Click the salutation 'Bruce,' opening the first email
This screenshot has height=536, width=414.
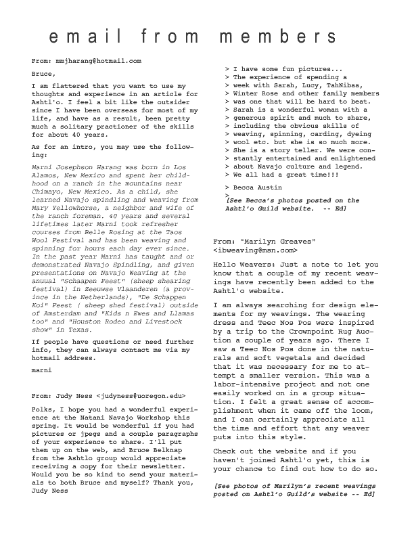click(43, 73)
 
